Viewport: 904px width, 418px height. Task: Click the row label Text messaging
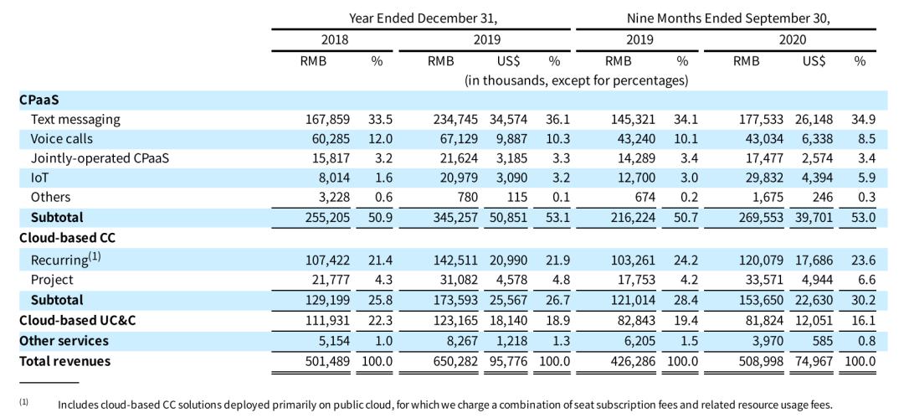click(x=75, y=120)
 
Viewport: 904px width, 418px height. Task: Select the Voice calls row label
click(x=62, y=139)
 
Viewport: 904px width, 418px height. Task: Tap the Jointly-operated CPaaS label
click(x=100, y=158)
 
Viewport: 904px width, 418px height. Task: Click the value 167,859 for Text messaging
click(x=328, y=120)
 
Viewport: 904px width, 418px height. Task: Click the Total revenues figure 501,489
click(x=328, y=361)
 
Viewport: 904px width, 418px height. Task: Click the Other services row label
click(x=64, y=341)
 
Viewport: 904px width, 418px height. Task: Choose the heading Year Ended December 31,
click(x=423, y=18)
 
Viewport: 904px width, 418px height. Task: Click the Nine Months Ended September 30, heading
click(x=728, y=18)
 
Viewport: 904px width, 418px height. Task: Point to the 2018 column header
click(x=334, y=40)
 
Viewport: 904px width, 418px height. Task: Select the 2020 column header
click(x=792, y=40)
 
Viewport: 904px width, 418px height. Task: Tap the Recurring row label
click(x=66, y=259)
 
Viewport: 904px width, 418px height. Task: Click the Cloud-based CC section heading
click(x=60, y=238)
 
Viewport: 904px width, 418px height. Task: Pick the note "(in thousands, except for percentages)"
click(x=576, y=80)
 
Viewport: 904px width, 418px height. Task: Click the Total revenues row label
click(x=64, y=361)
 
